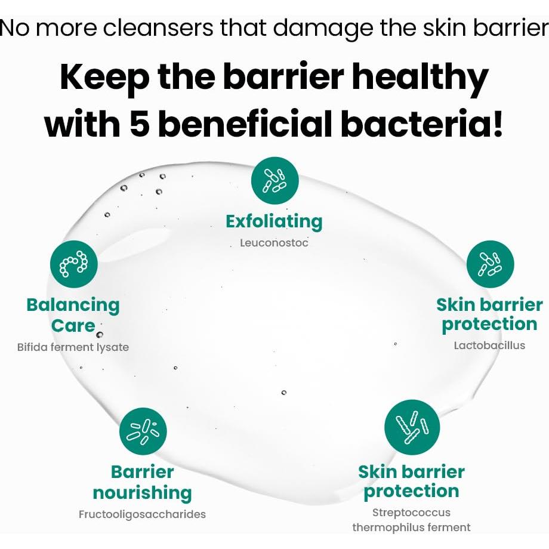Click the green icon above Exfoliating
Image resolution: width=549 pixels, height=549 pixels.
[x=275, y=180]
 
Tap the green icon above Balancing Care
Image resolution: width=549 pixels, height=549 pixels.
[x=74, y=264]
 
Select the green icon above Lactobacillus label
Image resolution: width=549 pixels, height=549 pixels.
[x=490, y=264]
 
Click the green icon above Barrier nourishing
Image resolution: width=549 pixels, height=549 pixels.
[x=143, y=431]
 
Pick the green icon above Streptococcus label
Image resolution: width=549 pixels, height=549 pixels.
[x=412, y=427]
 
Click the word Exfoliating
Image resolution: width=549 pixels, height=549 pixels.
[x=274, y=222]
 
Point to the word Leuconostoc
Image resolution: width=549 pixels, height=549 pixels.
[x=274, y=243]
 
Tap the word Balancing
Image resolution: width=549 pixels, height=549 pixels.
[x=73, y=306]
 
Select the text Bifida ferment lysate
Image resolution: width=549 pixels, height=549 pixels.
[x=73, y=347]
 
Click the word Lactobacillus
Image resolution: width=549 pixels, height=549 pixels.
[x=489, y=346]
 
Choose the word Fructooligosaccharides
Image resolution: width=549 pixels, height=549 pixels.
[x=142, y=514]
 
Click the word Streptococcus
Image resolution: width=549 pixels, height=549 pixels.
[x=411, y=513]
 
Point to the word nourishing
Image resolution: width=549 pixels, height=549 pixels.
[x=142, y=493]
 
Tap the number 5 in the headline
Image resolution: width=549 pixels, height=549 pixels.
[x=140, y=124]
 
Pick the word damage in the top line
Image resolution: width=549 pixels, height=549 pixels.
[x=323, y=29]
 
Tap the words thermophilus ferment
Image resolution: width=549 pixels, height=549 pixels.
[x=411, y=528]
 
